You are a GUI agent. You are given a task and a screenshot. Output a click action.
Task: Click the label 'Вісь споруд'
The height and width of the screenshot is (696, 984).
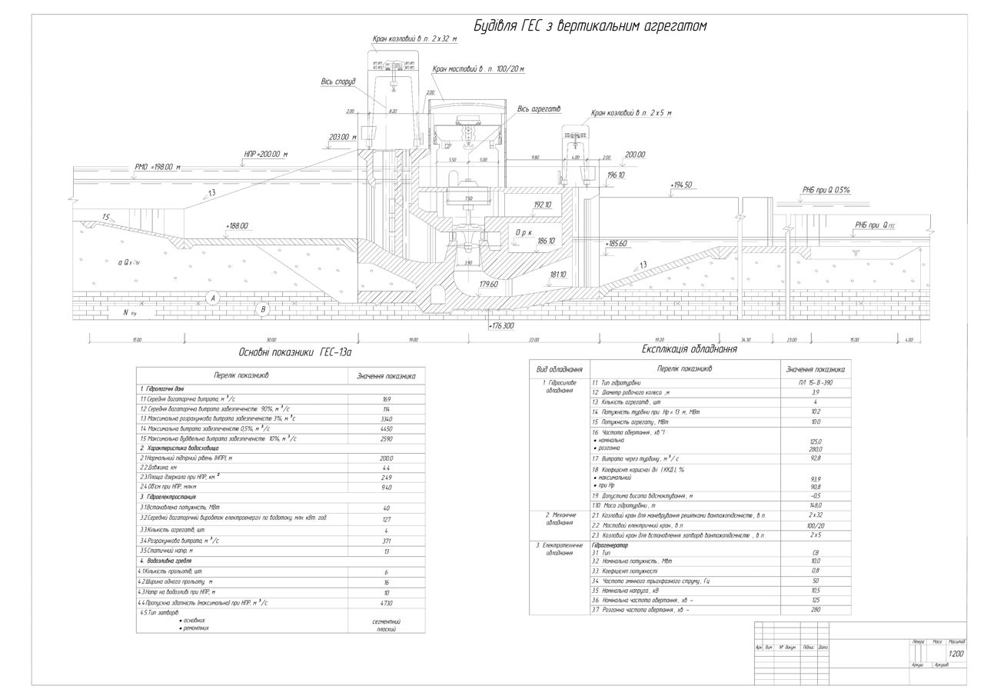(338, 82)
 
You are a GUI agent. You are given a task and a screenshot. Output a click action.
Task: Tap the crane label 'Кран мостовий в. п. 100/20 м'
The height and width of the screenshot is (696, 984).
(478, 69)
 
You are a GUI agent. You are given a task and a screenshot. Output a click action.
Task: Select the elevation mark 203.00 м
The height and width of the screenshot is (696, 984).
(343, 137)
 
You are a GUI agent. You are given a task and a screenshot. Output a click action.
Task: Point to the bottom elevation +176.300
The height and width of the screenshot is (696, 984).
(501, 326)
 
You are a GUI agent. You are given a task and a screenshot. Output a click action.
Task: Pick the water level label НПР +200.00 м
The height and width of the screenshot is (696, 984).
(265, 155)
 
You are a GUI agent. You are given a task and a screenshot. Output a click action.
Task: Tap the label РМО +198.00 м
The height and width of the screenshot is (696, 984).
(157, 166)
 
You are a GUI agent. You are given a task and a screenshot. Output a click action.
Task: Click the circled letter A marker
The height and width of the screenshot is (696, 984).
(213, 297)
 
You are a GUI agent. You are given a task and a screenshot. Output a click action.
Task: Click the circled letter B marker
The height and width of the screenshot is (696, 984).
(263, 310)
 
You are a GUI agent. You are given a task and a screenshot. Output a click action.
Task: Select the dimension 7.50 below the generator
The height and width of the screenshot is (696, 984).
(468, 198)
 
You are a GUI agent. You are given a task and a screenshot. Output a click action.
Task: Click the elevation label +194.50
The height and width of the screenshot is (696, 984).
(681, 185)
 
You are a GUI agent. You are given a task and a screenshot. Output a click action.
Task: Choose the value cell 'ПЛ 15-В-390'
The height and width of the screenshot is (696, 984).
(815, 382)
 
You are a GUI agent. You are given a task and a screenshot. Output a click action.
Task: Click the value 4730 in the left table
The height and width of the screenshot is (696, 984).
(386, 603)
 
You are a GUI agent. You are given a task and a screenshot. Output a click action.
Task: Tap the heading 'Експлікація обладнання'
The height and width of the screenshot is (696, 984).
(690, 349)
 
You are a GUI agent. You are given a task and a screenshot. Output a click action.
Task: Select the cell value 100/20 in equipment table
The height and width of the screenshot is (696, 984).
(815, 525)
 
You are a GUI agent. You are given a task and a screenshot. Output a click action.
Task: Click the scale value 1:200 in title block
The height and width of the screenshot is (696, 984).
(956, 654)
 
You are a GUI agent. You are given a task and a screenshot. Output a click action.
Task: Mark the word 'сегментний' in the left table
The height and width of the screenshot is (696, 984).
(386, 621)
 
